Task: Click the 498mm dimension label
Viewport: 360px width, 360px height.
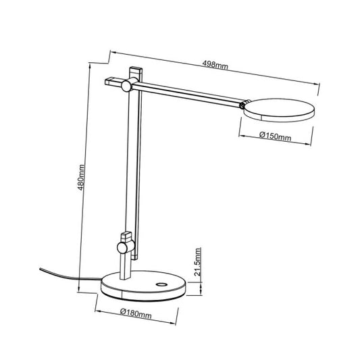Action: click(215, 65)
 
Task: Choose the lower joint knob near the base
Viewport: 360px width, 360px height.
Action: click(123, 249)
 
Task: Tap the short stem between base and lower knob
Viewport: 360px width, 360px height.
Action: click(124, 265)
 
